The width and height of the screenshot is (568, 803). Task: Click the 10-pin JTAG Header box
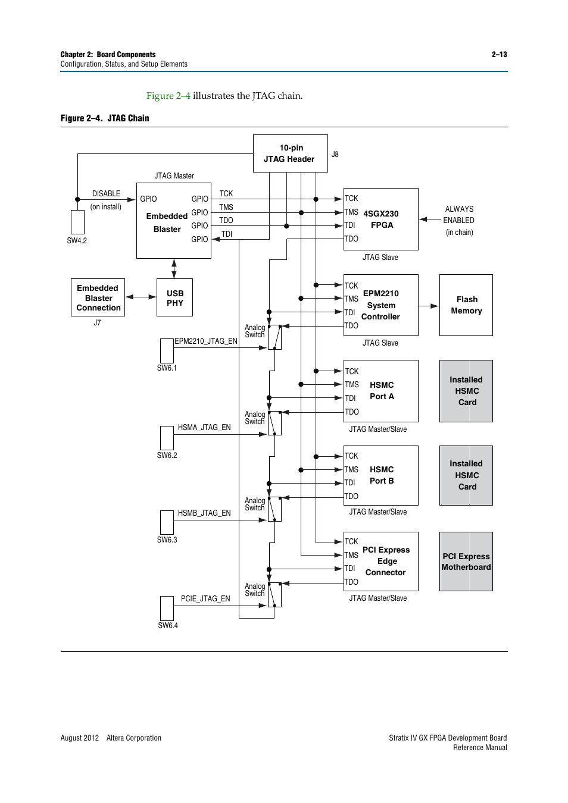pos(290,153)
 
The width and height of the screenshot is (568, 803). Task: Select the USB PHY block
pos(174,297)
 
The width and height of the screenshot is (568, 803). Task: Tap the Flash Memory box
pos(466,305)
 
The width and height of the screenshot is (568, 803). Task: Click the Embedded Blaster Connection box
pos(98,297)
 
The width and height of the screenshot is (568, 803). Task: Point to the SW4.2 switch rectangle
pos(77,222)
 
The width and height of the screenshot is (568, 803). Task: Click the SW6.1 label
pos(167,368)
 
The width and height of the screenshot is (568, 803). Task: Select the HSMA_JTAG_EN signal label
pos(204,428)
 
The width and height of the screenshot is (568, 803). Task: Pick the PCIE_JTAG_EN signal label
pos(205,599)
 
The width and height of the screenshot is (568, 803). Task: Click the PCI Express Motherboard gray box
pos(466,562)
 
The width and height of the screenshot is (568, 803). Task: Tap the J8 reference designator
pos(335,155)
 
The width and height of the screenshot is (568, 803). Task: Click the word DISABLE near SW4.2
pos(106,194)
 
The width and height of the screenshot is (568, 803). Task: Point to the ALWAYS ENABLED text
pos(459,215)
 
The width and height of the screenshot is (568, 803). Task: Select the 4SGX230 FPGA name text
pos(381,219)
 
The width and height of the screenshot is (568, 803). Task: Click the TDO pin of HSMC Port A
pos(352,412)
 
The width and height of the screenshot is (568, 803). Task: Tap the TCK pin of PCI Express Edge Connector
pos(351,542)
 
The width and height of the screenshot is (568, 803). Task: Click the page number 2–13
pos(499,55)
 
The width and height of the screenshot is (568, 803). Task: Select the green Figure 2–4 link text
pos(168,96)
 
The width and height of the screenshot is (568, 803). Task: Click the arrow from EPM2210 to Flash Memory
pos(429,306)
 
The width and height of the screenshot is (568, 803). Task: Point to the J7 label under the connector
pos(97,323)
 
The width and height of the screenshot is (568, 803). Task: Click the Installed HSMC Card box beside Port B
pos(466,475)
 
